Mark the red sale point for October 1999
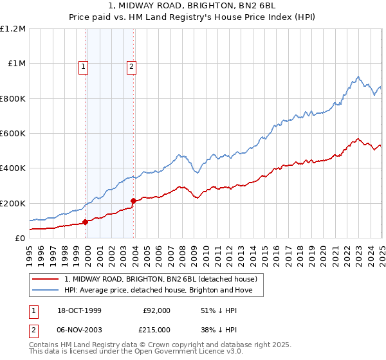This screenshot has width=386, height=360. tap(85, 222)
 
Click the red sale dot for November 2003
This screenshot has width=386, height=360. tap(133, 201)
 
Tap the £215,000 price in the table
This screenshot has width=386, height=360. tap(156, 328)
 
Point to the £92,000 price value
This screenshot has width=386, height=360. tap(156, 310)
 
